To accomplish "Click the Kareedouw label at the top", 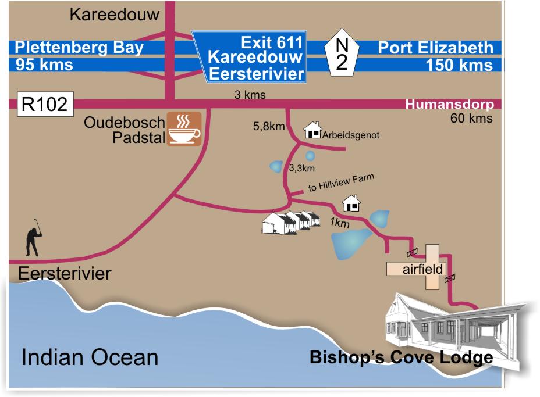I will [x=114, y=15].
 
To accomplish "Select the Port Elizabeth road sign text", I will [x=435, y=47].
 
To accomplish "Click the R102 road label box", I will [x=44, y=105].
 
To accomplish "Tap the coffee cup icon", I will [x=184, y=129].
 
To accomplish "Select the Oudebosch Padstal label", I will [x=125, y=130].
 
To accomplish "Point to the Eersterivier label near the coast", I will [x=64, y=273].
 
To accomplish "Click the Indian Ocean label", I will [x=90, y=357].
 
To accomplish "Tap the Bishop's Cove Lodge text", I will [x=401, y=357].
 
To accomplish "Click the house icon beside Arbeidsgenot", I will [x=313, y=130].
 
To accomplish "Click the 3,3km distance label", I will [x=301, y=169].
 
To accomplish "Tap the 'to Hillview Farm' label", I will [x=340, y=184].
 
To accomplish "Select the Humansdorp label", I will [x=449, y=105].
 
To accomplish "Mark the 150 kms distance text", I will [x=459, y=65].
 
